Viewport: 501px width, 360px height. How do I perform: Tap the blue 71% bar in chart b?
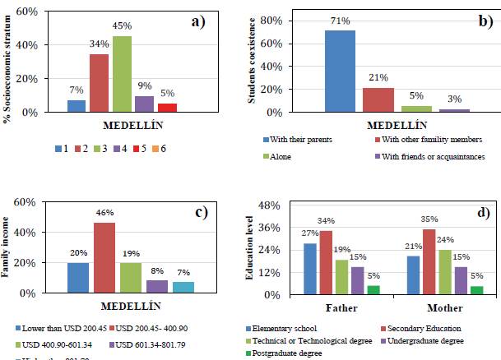340,71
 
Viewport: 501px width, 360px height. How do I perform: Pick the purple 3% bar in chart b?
454,110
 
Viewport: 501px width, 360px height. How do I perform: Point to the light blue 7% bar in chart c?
184,288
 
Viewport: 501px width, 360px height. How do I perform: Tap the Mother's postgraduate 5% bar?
477,290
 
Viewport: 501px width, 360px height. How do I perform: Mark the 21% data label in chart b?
379,77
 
